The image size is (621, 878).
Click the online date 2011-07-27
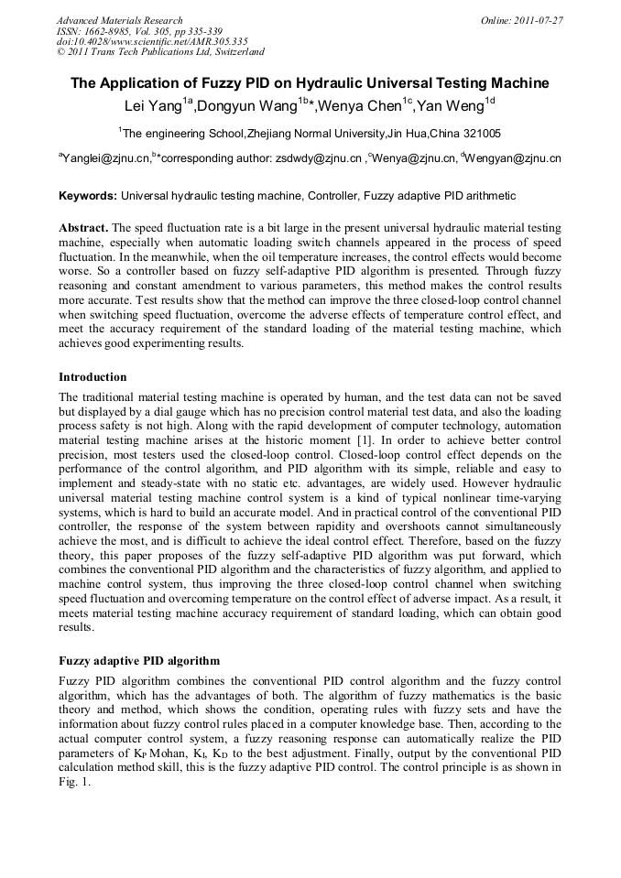click(538, 20)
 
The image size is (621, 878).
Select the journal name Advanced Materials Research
click(119, 20)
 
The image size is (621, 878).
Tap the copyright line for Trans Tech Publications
click(160, 52)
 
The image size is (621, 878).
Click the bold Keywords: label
click(88, 196)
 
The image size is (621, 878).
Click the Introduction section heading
click(93, 377)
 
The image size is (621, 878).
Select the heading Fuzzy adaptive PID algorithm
click(139, 659)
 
